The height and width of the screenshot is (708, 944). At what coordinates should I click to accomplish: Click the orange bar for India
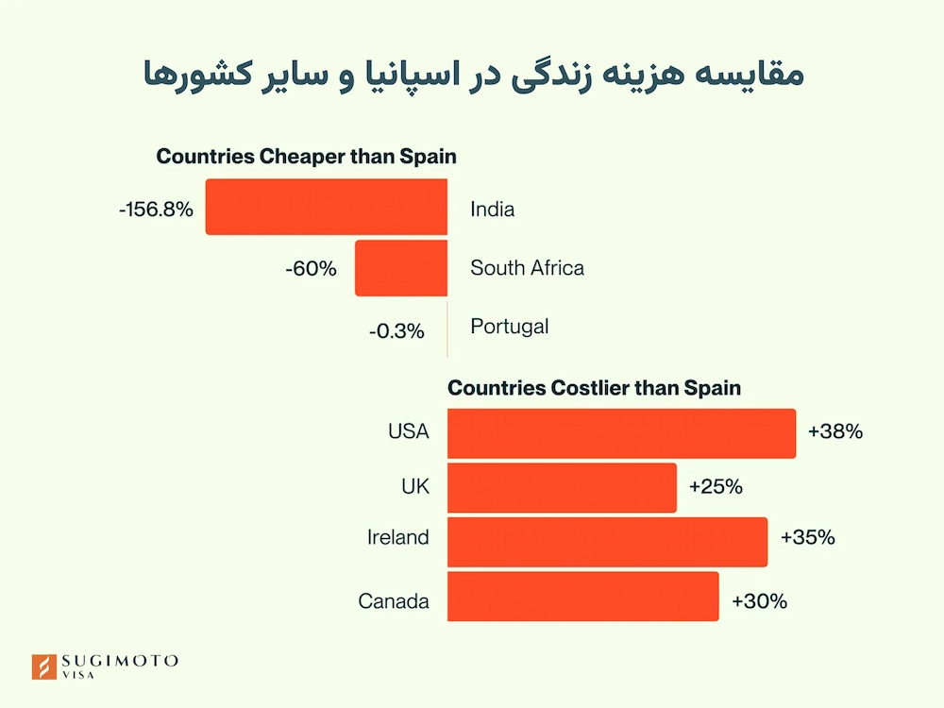point(327,208)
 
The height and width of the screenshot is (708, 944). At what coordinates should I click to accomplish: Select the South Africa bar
point(401,268)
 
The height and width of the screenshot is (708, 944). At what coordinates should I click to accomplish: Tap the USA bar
point(621,432)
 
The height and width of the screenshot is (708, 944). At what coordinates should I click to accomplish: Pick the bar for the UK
point(562,487)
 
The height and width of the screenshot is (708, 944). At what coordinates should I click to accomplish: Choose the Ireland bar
point(607,542)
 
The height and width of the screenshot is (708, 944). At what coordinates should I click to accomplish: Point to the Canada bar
point(582,597)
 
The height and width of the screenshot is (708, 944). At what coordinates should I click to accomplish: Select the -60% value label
point(311,269)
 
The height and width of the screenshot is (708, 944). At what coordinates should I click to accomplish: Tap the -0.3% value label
point(396,331)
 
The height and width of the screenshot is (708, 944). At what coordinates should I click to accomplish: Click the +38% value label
point(835,432)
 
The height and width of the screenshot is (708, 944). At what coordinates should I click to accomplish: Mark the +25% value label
point(716,487)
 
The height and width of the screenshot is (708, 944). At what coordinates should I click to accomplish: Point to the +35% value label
point(808,538)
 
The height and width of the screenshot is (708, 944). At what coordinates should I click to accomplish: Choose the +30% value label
point(759,600)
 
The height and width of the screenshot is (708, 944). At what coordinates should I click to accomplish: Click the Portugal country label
point(510,327)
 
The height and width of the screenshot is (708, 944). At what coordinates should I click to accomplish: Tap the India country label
point(493,210)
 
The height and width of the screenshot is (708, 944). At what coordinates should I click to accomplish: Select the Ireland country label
point(398,538)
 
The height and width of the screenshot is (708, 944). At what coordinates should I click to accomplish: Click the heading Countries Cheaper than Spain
point(307,157)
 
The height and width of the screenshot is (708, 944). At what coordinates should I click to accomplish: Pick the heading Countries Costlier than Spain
point(595,387)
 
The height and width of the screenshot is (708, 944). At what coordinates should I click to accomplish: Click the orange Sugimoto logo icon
point(43,666)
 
